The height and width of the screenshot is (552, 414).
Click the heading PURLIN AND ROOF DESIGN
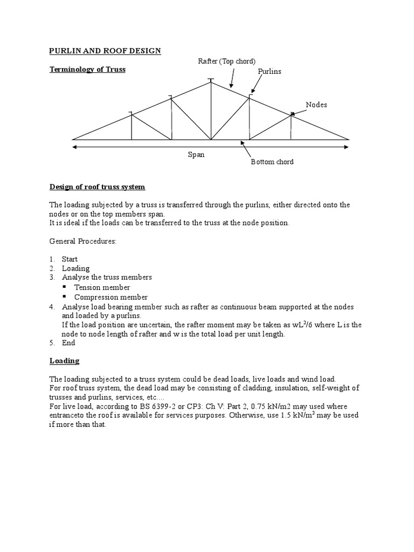coord(105,51)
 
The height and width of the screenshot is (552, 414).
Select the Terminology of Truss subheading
coord(87,70)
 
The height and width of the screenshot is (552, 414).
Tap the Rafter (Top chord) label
coord(227,61)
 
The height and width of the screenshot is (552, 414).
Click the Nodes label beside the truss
coord(316,105)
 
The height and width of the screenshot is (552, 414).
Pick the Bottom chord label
coord(272,162)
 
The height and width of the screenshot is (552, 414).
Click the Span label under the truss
coord(196,154)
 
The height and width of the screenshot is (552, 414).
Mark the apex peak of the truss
coord(211,81)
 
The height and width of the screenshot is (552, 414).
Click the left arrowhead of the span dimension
coord(74,146)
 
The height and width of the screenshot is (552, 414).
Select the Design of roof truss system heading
coord(98,187)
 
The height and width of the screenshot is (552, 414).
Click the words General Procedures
coord(83,241)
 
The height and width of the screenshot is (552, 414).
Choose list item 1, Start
coord(70,259)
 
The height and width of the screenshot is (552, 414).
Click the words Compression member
coord(111,297)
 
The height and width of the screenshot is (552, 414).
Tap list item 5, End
coord(68,343)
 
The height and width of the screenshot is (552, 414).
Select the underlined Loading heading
coord(64,361)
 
